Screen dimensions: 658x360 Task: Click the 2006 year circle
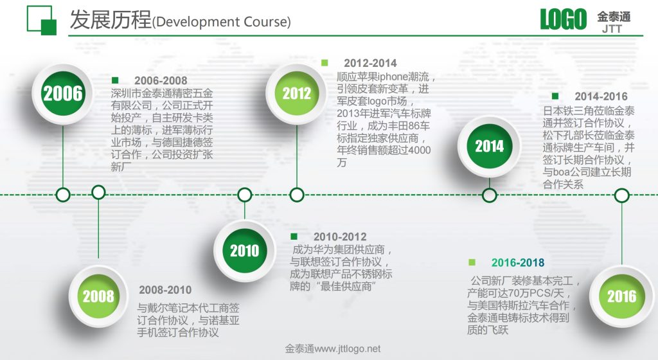click(x=62, y=94)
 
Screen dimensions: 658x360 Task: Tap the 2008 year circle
click(x=98, y=296)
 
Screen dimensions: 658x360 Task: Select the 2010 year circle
click(x=244, y=251)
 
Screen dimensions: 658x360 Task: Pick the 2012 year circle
click(x=296, y=94)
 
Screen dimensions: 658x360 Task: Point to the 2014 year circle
click(x=489, y=147)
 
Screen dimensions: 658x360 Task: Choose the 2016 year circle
click(x=621, y=296)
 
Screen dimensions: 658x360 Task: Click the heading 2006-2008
click(x=161, y=80)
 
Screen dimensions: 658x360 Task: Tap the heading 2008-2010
click(x=165, y=290)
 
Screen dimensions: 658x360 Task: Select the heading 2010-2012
click(x=340, y=237)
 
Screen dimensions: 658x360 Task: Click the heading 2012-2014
click(x=370, y=64)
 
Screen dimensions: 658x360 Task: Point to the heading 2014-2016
click(x=601, y=96)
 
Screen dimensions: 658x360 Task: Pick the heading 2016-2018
click(x=518, y=263)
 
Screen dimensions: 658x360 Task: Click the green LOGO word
click(x=563, y=19)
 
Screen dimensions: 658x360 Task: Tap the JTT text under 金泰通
click(x=612, y=29)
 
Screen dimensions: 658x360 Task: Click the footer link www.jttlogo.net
click(x=348, y=348)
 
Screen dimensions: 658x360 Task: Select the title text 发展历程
click(x=111, y=20)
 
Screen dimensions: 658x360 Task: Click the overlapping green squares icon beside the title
click(x=42, y=20)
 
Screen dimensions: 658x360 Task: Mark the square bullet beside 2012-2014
click(x=325, y=63)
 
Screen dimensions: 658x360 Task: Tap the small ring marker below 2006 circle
click(x=63, y=195)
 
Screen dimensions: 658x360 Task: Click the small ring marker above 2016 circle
click(x=621, y=195)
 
